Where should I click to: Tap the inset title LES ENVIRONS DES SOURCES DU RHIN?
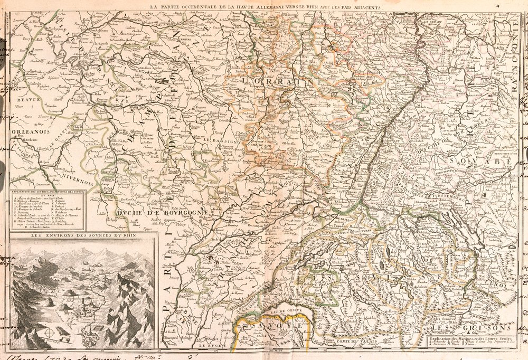pyautogui.click(x=83, y=236)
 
